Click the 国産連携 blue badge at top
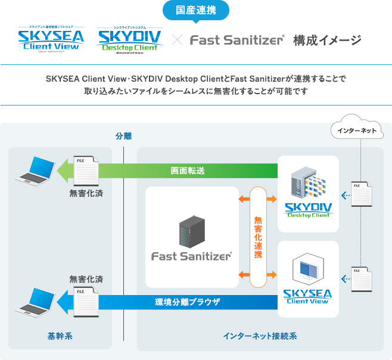point(195,11)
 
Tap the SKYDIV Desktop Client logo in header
point(129,40)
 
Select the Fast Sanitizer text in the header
point(237,41)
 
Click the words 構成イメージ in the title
point(327,41)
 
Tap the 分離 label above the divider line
point(123,136)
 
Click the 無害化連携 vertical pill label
point(257,237)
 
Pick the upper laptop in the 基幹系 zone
point(35,170)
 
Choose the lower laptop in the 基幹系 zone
point(35,301)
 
